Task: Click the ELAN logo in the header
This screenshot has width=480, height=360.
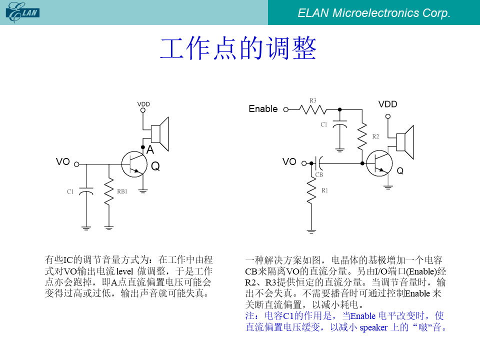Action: (x=22, y=12)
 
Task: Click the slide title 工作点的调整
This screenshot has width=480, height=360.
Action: (x=238, y=48)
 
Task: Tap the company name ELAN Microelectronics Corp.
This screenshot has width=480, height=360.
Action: (x=374, y=13)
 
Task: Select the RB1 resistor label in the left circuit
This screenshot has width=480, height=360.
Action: (x=122, y=191)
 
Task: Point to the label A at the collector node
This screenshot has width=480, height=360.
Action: (x=150, y=149)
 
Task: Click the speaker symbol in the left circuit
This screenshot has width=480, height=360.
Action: (x=160, y=134)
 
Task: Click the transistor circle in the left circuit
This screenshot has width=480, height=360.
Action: (x=134, y=164)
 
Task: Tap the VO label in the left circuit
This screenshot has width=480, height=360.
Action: (x=63, y=161)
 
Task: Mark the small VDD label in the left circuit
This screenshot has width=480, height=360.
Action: (x=143, y=104)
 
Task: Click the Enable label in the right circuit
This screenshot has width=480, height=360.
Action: (x=263, y=108)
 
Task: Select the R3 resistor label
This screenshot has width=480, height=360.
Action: (x=312, y=100)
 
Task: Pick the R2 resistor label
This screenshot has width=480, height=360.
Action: (x=375, y=136)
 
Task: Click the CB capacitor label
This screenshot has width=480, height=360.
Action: (x=319, y=174)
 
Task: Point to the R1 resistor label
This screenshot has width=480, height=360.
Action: (x=325, y=190)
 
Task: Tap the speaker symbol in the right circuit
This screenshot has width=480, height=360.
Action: (x=405, y=142)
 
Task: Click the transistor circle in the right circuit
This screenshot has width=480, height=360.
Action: (x=379, y=163)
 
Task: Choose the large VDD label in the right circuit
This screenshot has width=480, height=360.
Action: (x=388, y=104)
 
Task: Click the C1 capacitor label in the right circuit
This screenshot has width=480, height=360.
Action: (x=324, y=124)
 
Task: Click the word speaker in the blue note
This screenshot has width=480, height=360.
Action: (x=373, y=327)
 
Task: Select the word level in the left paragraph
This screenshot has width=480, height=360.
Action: (x=124, y=271)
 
